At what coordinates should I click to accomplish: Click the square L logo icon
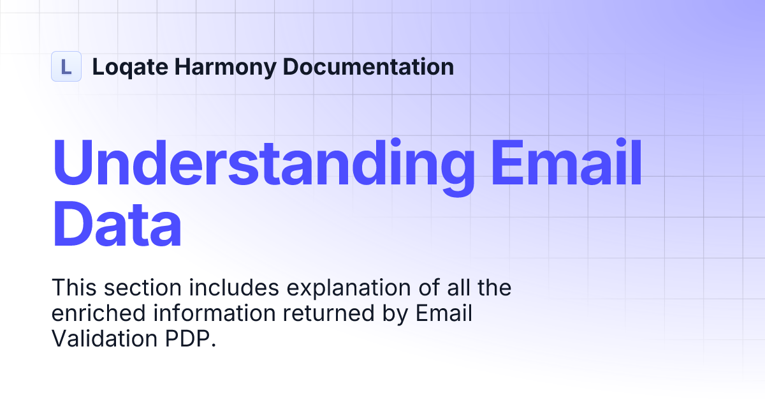tap(66, 66)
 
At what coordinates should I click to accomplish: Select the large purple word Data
tap(117, 225)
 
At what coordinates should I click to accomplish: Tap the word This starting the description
tap(74, 288)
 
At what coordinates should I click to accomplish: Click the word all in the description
tap(454, 288)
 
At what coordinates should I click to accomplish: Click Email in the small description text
tap(444, 313)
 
